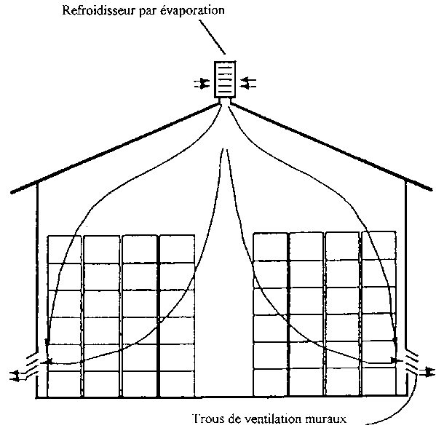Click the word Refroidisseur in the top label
tap(98, 10)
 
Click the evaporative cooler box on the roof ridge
tap(225, 79)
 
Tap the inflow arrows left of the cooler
tap(202, 83)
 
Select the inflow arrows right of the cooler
tap(248, 83)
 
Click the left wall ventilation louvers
tap(33, 365)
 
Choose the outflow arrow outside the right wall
tap(427, 372)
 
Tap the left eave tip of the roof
tap(12, 191)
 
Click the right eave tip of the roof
tap(431, 190)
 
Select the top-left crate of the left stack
tap(65, 250)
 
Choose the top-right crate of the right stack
tap(378, 245)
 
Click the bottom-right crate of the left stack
tap(177, 384)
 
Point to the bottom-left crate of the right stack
tap(271, 382)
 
